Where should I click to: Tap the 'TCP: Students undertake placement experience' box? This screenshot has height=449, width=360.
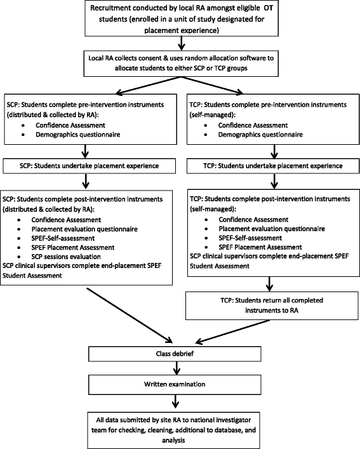tap(273, 165)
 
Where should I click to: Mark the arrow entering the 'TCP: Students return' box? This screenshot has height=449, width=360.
tap(273, 283)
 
